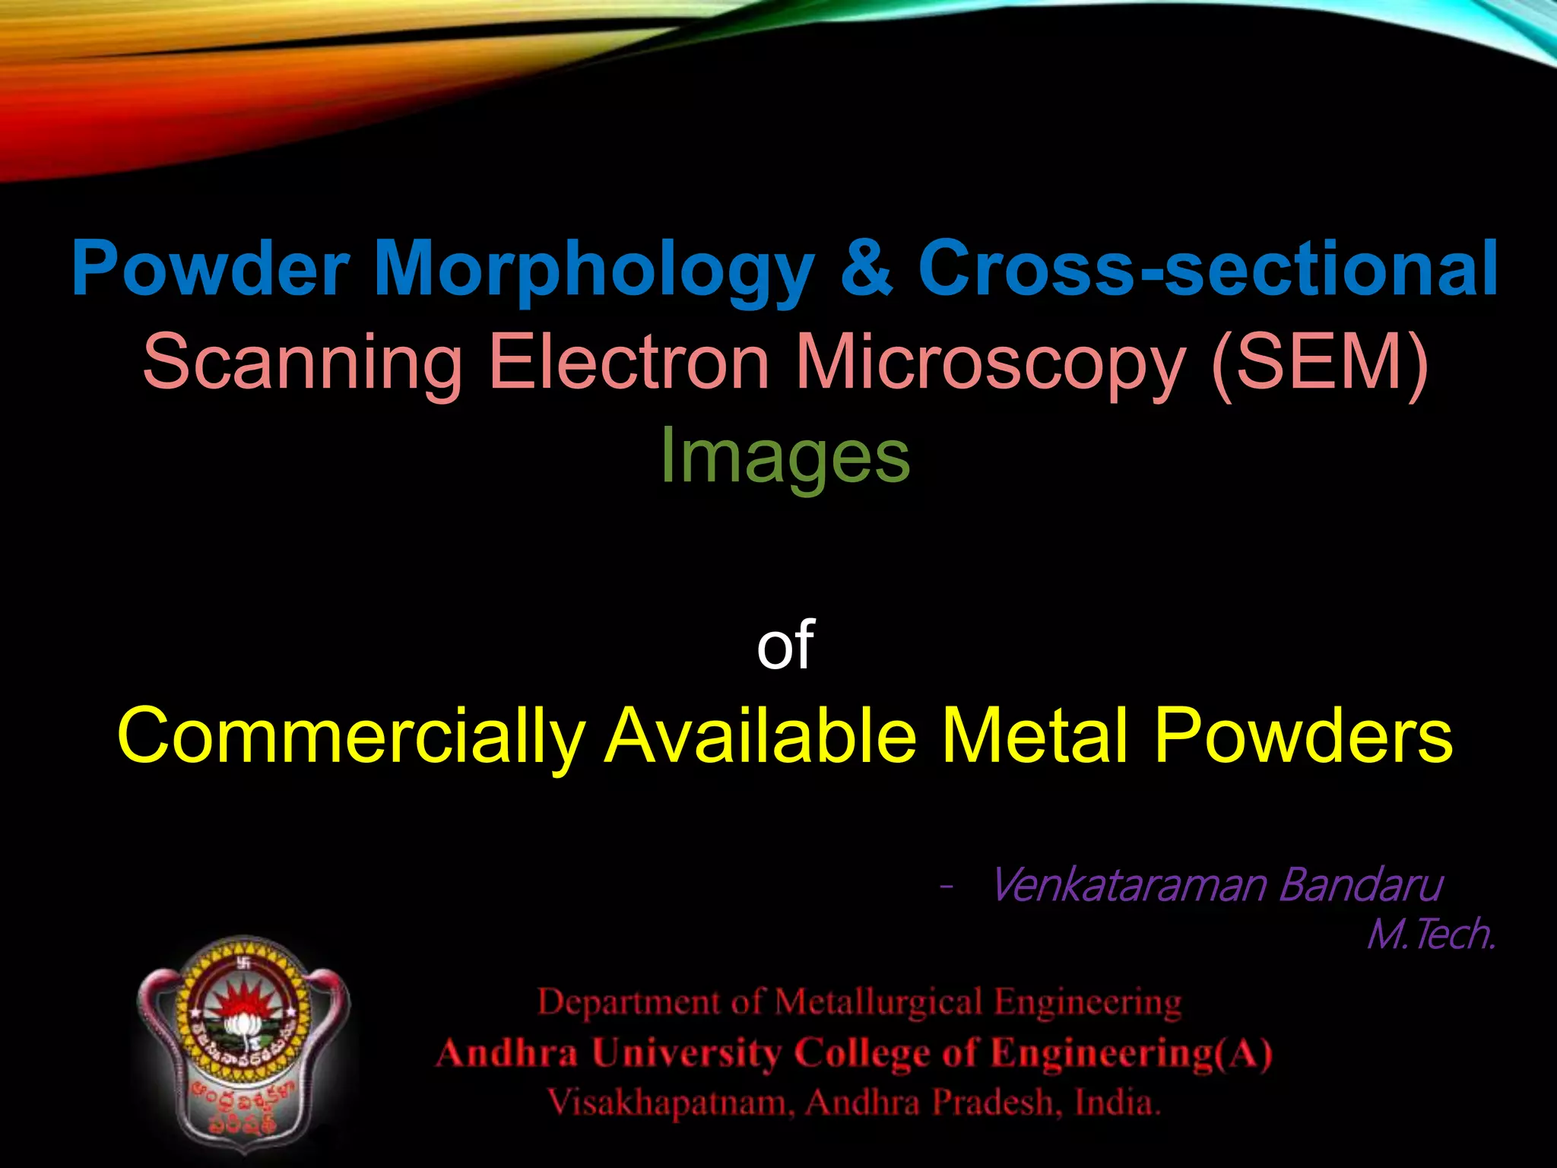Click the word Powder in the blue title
pyautogui.click(x=210, y=268)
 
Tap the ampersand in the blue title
pyautogui.click(x=867, y=268)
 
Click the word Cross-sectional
pyautogui.click(x=1208, y=268)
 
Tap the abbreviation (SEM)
pyautogui.click(x=1320, y=363)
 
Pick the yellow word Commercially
pyautogui.click(x=350, y=736)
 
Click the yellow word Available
pyautogui.click(x=760, y=736)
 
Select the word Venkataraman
pyautogui.click(x=1129, y=885)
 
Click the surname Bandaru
pyautogui.click(x=1360, y=885)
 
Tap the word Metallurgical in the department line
pyautogui.click(x=878, y=1002)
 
